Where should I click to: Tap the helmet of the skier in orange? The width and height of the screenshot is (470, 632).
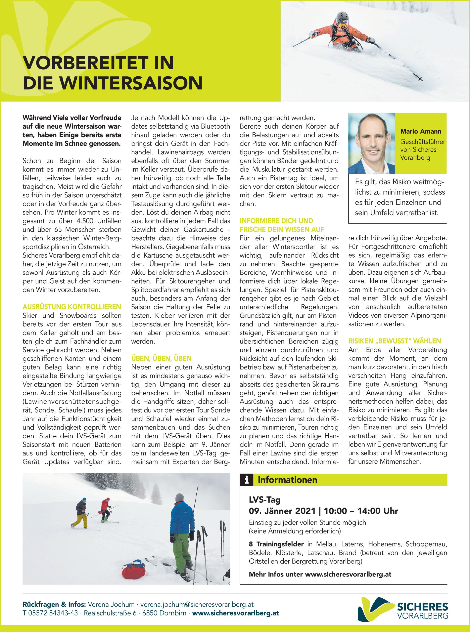[x=342, y=18]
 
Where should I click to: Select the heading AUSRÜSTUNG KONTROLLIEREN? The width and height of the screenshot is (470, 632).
[x=72, y=307]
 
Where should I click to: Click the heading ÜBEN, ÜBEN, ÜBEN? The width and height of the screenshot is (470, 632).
[x=161, y=359]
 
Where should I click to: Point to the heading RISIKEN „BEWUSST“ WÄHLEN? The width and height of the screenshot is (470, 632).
[x=394, y=341]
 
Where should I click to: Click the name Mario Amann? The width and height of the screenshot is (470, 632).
[x=420, y=131]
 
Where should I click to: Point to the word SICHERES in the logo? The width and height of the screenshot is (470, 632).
[x=422, y=607]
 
